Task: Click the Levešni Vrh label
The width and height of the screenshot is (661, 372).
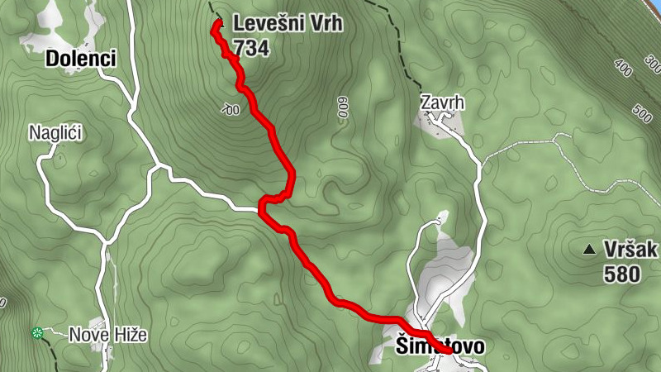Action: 288,23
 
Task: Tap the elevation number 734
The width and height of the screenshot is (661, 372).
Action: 251,50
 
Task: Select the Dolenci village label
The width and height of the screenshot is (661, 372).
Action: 79,59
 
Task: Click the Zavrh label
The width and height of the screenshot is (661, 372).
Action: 442,103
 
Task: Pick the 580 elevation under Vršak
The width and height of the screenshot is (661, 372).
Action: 621,274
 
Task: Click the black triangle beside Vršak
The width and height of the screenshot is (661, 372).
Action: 589,249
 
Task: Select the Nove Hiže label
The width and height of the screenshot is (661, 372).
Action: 107,335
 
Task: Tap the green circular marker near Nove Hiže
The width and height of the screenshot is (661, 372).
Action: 36,333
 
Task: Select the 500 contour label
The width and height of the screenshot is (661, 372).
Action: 642,112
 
